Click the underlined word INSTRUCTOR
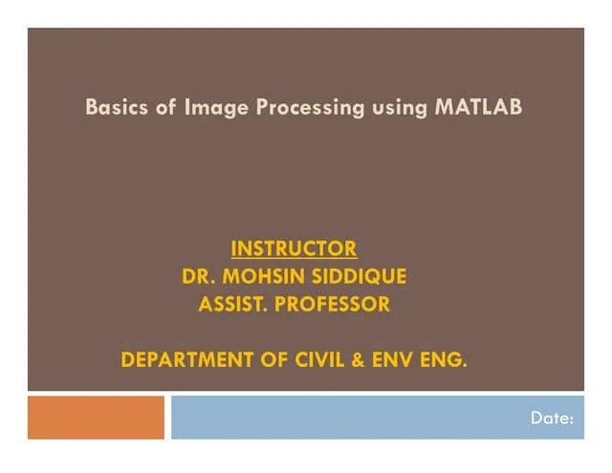[x=294, y=249]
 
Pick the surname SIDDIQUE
[x=361, y=277]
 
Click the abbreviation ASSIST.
[x=233, y=305]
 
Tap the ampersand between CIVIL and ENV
[x=355, y=360]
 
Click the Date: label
[x=553, y=418]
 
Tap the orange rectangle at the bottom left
[x=96, y=418]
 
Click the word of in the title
[x=164, y=107]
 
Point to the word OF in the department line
[x=267, y=360]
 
